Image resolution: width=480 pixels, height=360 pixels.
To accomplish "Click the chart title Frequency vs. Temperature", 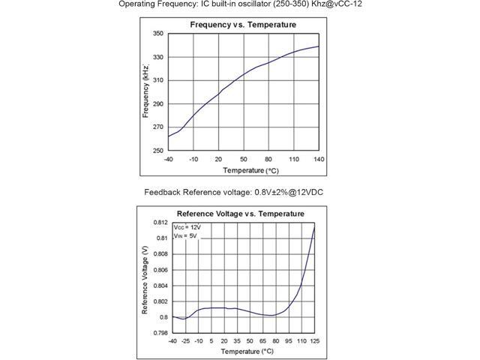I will (x=243, y=25).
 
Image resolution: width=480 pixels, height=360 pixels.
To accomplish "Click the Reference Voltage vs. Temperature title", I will (x=240, y=214).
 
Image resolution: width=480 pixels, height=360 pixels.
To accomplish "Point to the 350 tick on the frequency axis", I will (x=158, y=34).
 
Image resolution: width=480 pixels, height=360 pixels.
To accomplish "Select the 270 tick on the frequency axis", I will (x=158, y=127).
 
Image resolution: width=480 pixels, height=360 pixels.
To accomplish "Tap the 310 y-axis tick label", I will (x=158, y=80).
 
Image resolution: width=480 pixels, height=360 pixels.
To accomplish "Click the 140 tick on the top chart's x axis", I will (x=319, y=159).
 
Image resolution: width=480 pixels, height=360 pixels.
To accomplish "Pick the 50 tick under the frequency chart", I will (x=244, y=159).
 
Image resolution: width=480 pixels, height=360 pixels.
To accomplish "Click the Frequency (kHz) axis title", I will (x=146, y=91).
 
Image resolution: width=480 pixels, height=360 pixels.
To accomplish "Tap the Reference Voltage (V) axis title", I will (x=144, y=277).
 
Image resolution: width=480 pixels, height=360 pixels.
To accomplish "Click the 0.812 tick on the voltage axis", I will (x=160, y=223).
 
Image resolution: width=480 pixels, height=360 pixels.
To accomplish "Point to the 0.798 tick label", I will (x=160, y=332).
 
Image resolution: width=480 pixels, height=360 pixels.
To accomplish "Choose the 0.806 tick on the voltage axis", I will (x=160, y=270).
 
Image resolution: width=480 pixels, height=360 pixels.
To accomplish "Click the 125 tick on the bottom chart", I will (x=313, y=341).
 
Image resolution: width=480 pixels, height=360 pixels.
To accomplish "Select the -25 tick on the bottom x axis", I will (x=185, y=341).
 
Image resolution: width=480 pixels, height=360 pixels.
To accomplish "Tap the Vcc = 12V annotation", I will (x=187, y=226).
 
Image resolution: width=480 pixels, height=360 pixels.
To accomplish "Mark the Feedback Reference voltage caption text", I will (x=233, y=193).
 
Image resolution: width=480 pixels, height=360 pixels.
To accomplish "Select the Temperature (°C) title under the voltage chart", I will (x=241, y=351).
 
